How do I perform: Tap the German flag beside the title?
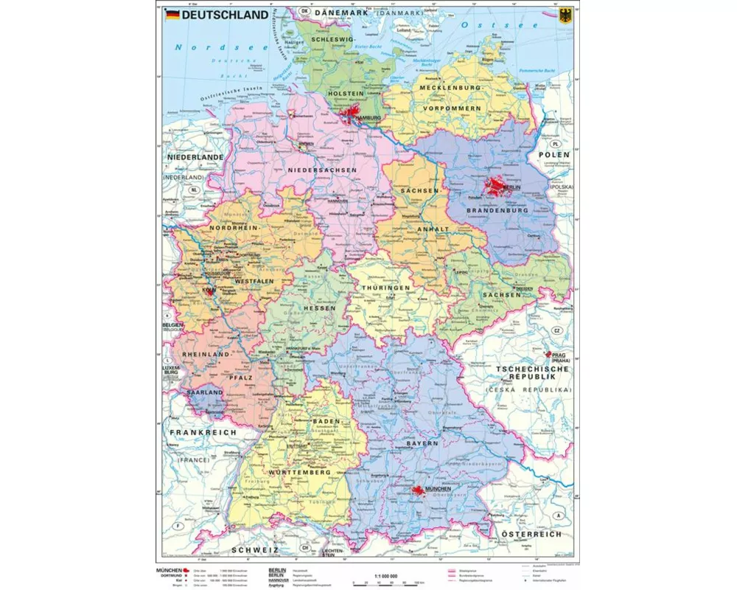(172, 14)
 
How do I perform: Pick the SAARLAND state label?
(204, 393)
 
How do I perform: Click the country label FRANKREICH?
(201, 432)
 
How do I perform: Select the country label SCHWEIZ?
(254, 550)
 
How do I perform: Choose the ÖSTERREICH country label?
(531, 533)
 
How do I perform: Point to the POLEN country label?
(554, 155)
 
